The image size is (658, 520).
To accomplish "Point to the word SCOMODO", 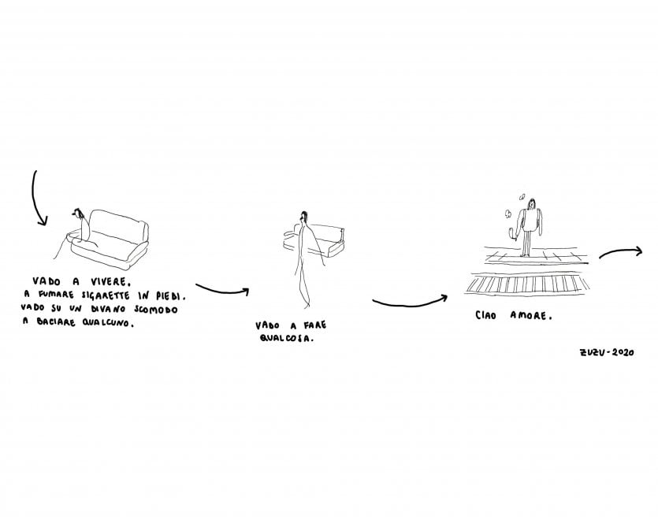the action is (156, 310).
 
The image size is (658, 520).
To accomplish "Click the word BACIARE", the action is (55, 322).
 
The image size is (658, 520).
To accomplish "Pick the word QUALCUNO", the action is (107, 323).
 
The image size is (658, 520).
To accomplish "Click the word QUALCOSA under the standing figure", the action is (286, 337).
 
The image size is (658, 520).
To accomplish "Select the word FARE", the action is (315, 325).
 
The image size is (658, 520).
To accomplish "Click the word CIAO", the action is (486, 315).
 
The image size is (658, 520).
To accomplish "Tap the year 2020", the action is (623, 352).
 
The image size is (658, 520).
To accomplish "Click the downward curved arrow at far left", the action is (33, 197).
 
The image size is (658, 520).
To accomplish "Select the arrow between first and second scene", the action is (222, 292).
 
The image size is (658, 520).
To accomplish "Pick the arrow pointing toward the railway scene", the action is (409, 304).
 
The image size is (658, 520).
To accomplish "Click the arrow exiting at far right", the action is (621, 251).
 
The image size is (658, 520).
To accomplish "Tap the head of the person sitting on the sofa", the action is (78, 214).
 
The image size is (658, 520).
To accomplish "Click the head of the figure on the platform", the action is (532, 204).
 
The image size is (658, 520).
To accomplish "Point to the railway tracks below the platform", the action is (527, 284).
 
